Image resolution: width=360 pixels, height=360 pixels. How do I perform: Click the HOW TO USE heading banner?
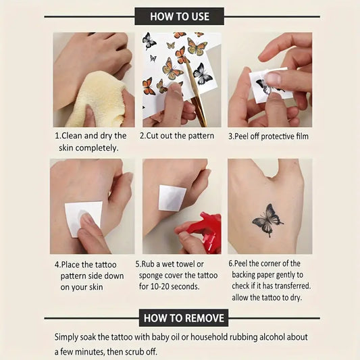click(179, 16)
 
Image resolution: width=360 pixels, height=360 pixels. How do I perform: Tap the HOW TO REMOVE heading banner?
click(184, 318)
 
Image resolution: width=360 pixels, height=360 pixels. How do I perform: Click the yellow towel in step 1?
click(97, 101)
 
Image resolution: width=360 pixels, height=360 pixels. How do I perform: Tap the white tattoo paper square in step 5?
click(172, 198)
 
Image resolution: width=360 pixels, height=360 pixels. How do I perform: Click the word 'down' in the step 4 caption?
click(114, 276)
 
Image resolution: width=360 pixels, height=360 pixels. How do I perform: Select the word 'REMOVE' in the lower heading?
click(204, 318)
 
